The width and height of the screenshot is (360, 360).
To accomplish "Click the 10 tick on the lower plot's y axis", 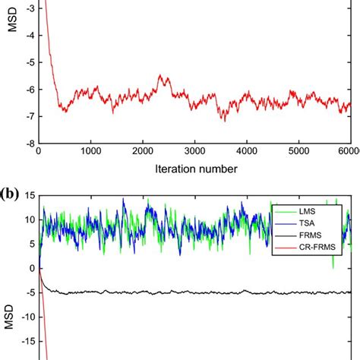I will pos(28,219).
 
